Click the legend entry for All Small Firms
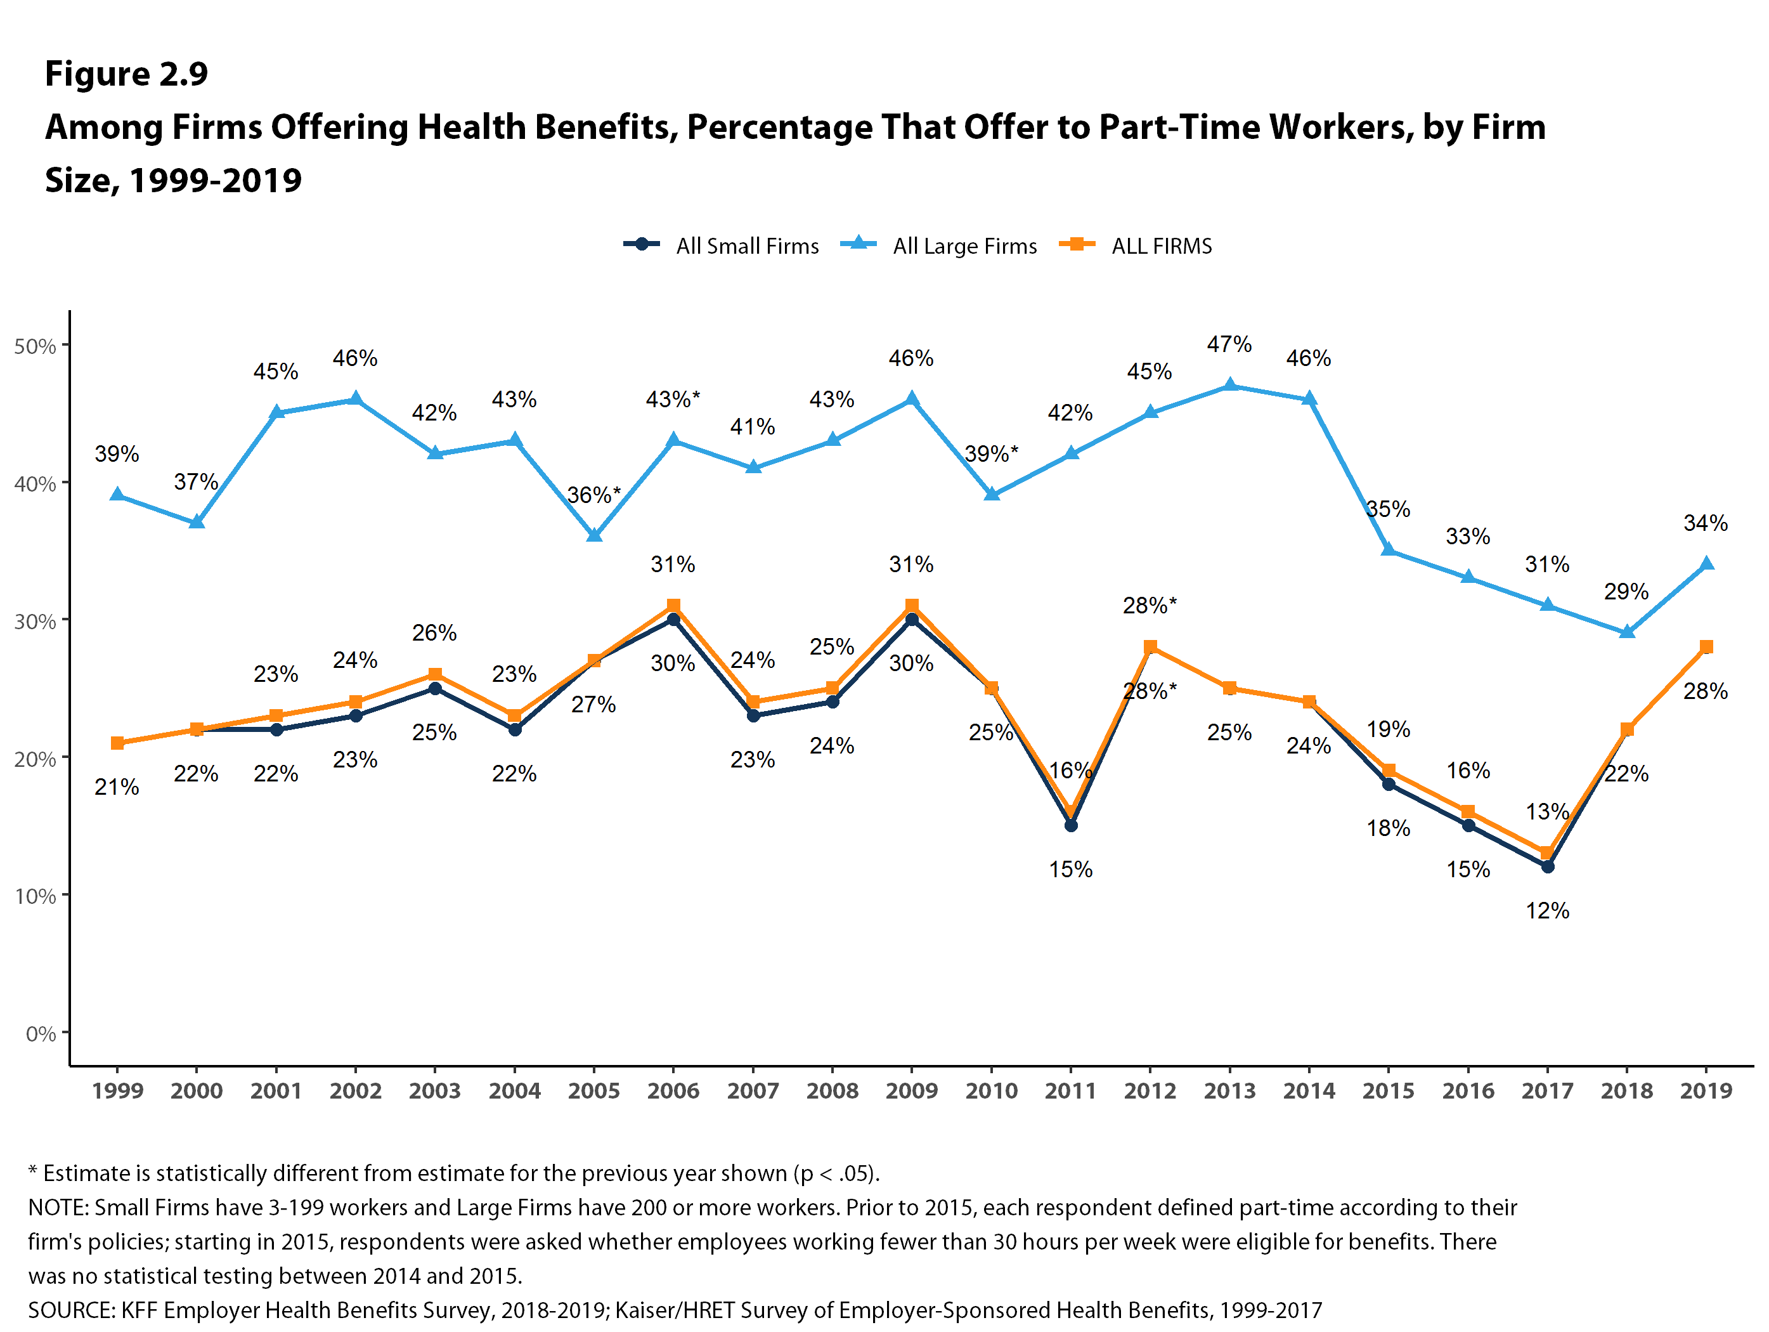(x=722, y=245)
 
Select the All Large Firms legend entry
(x=939, y=245)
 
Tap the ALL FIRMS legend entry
(x=1136, y=245)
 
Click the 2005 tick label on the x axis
(x=593, y=1090)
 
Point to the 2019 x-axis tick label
(x=1706, y=1090)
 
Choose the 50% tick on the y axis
(x=35, y=346)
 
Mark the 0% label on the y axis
(x=40, y=1034)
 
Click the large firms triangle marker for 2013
(x=1230, y=386)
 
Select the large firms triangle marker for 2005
(x=593, y=535)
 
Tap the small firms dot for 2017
(x=1548, y=866)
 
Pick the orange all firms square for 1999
(x=117, y=743)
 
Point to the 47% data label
(x=1229, y=344)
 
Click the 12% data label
(x=1548, y=910)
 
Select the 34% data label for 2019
(x=1706, y=523)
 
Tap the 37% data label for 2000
(x=196, y=481)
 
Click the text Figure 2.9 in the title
(x=126, y=74)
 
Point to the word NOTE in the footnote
(x=57, y=1207)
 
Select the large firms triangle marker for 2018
(x=1626, y=632)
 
